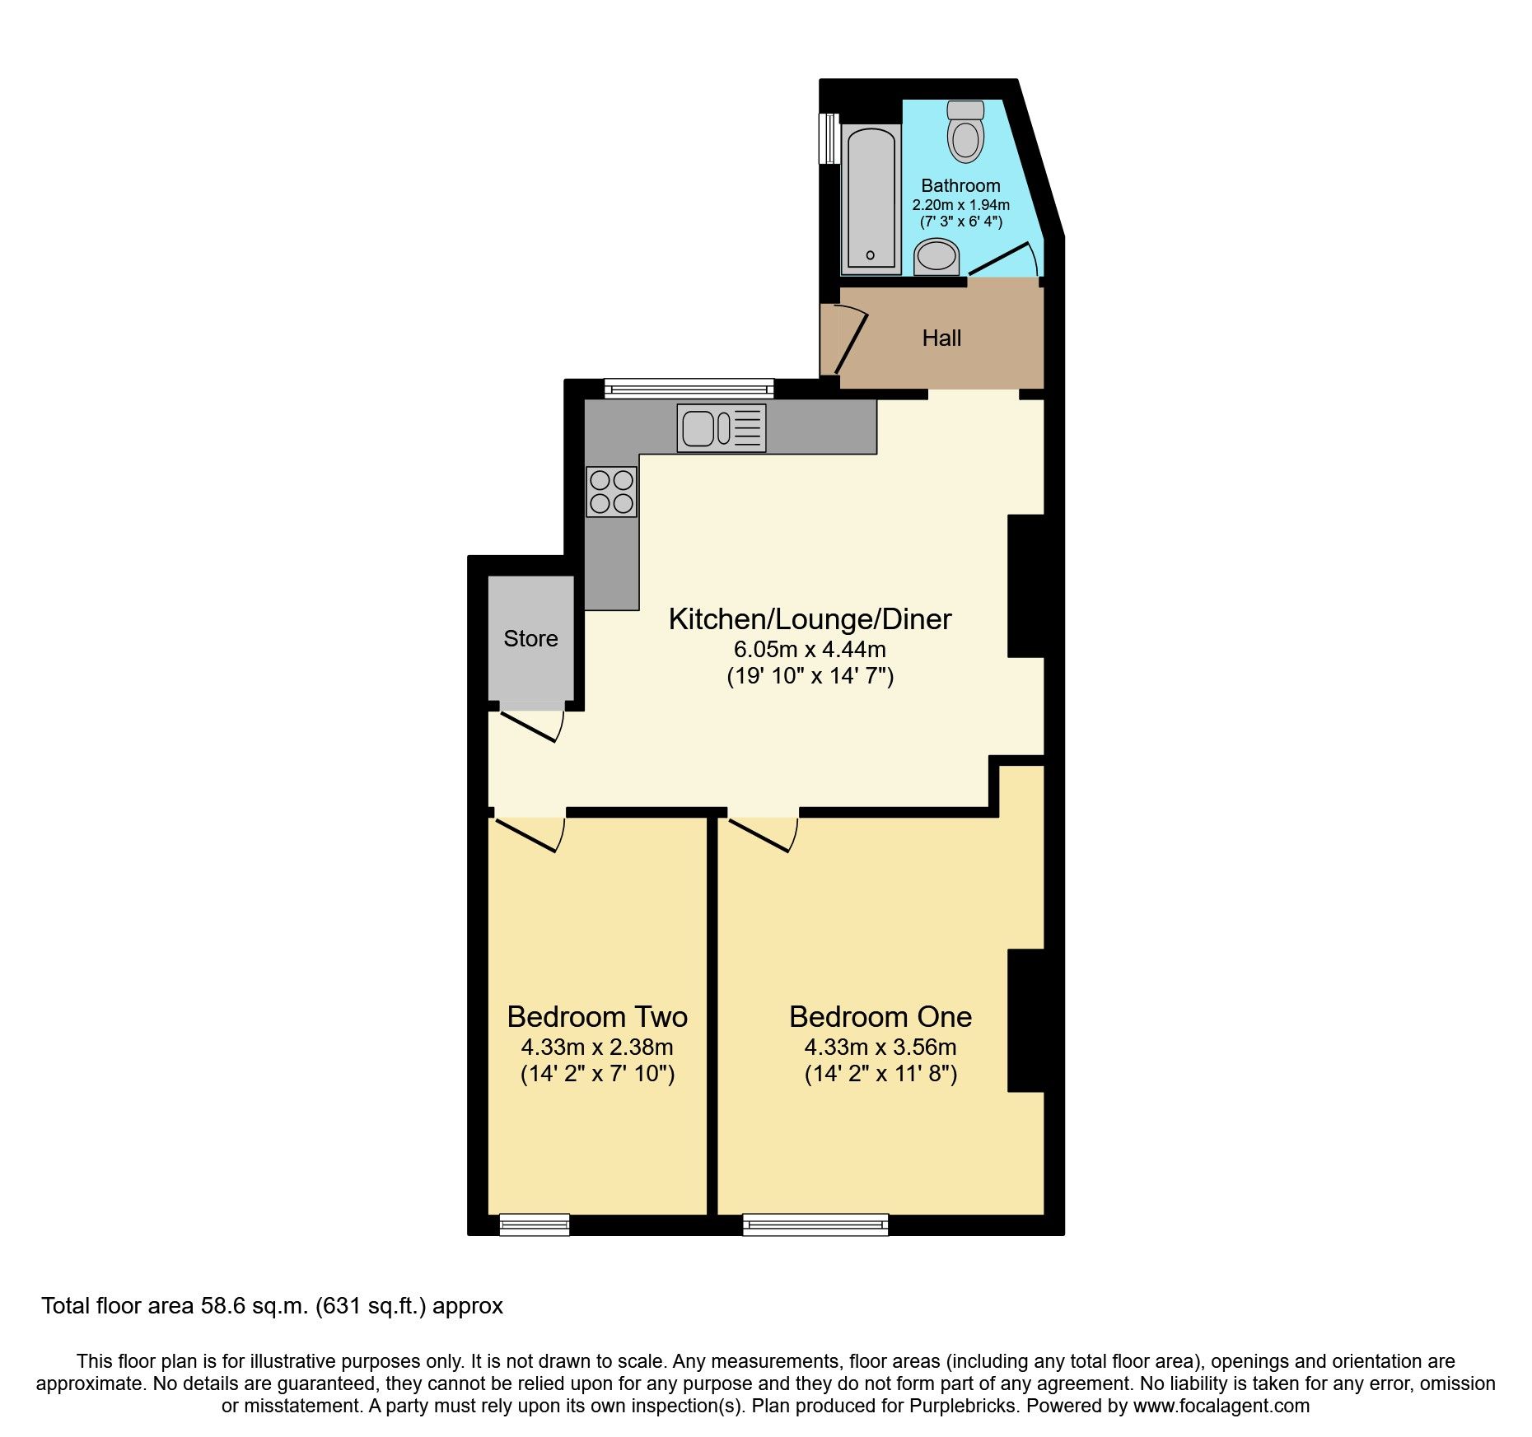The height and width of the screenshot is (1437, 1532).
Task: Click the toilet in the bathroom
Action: tap(965, 133)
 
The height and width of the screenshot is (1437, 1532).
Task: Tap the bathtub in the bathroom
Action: tap(870, 198)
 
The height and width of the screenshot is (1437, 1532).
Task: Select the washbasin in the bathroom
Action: tap(936, 256)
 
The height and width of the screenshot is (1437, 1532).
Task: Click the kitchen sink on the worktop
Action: tap(722, 428)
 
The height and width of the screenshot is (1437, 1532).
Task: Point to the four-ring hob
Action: tap(612, 492)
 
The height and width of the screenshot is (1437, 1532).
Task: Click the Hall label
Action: tap(941, 338)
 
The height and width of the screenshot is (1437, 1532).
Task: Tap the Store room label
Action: tap(530, 639)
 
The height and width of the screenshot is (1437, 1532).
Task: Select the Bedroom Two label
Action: tap(597, 1017)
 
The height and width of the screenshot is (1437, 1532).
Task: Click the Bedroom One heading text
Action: tap(880, 1017)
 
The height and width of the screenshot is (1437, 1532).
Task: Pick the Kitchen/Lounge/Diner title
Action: tap(810, 619)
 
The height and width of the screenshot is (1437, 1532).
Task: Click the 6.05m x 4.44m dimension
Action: tap(810, 650)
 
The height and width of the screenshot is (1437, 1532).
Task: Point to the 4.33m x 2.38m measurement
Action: tap(597, 1047)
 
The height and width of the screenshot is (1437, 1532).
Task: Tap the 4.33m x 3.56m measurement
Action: tap(880, 1047)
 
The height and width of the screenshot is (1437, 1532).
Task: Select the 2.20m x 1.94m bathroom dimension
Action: tap(960, 205)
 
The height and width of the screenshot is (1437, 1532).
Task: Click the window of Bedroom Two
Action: tap(535, 1225)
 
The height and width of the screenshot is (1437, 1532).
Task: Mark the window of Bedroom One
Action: tap(815, 1225)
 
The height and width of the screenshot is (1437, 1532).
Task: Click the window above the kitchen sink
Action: tap(689, 388)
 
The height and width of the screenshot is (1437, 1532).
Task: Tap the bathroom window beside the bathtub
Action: tap(828, 138)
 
